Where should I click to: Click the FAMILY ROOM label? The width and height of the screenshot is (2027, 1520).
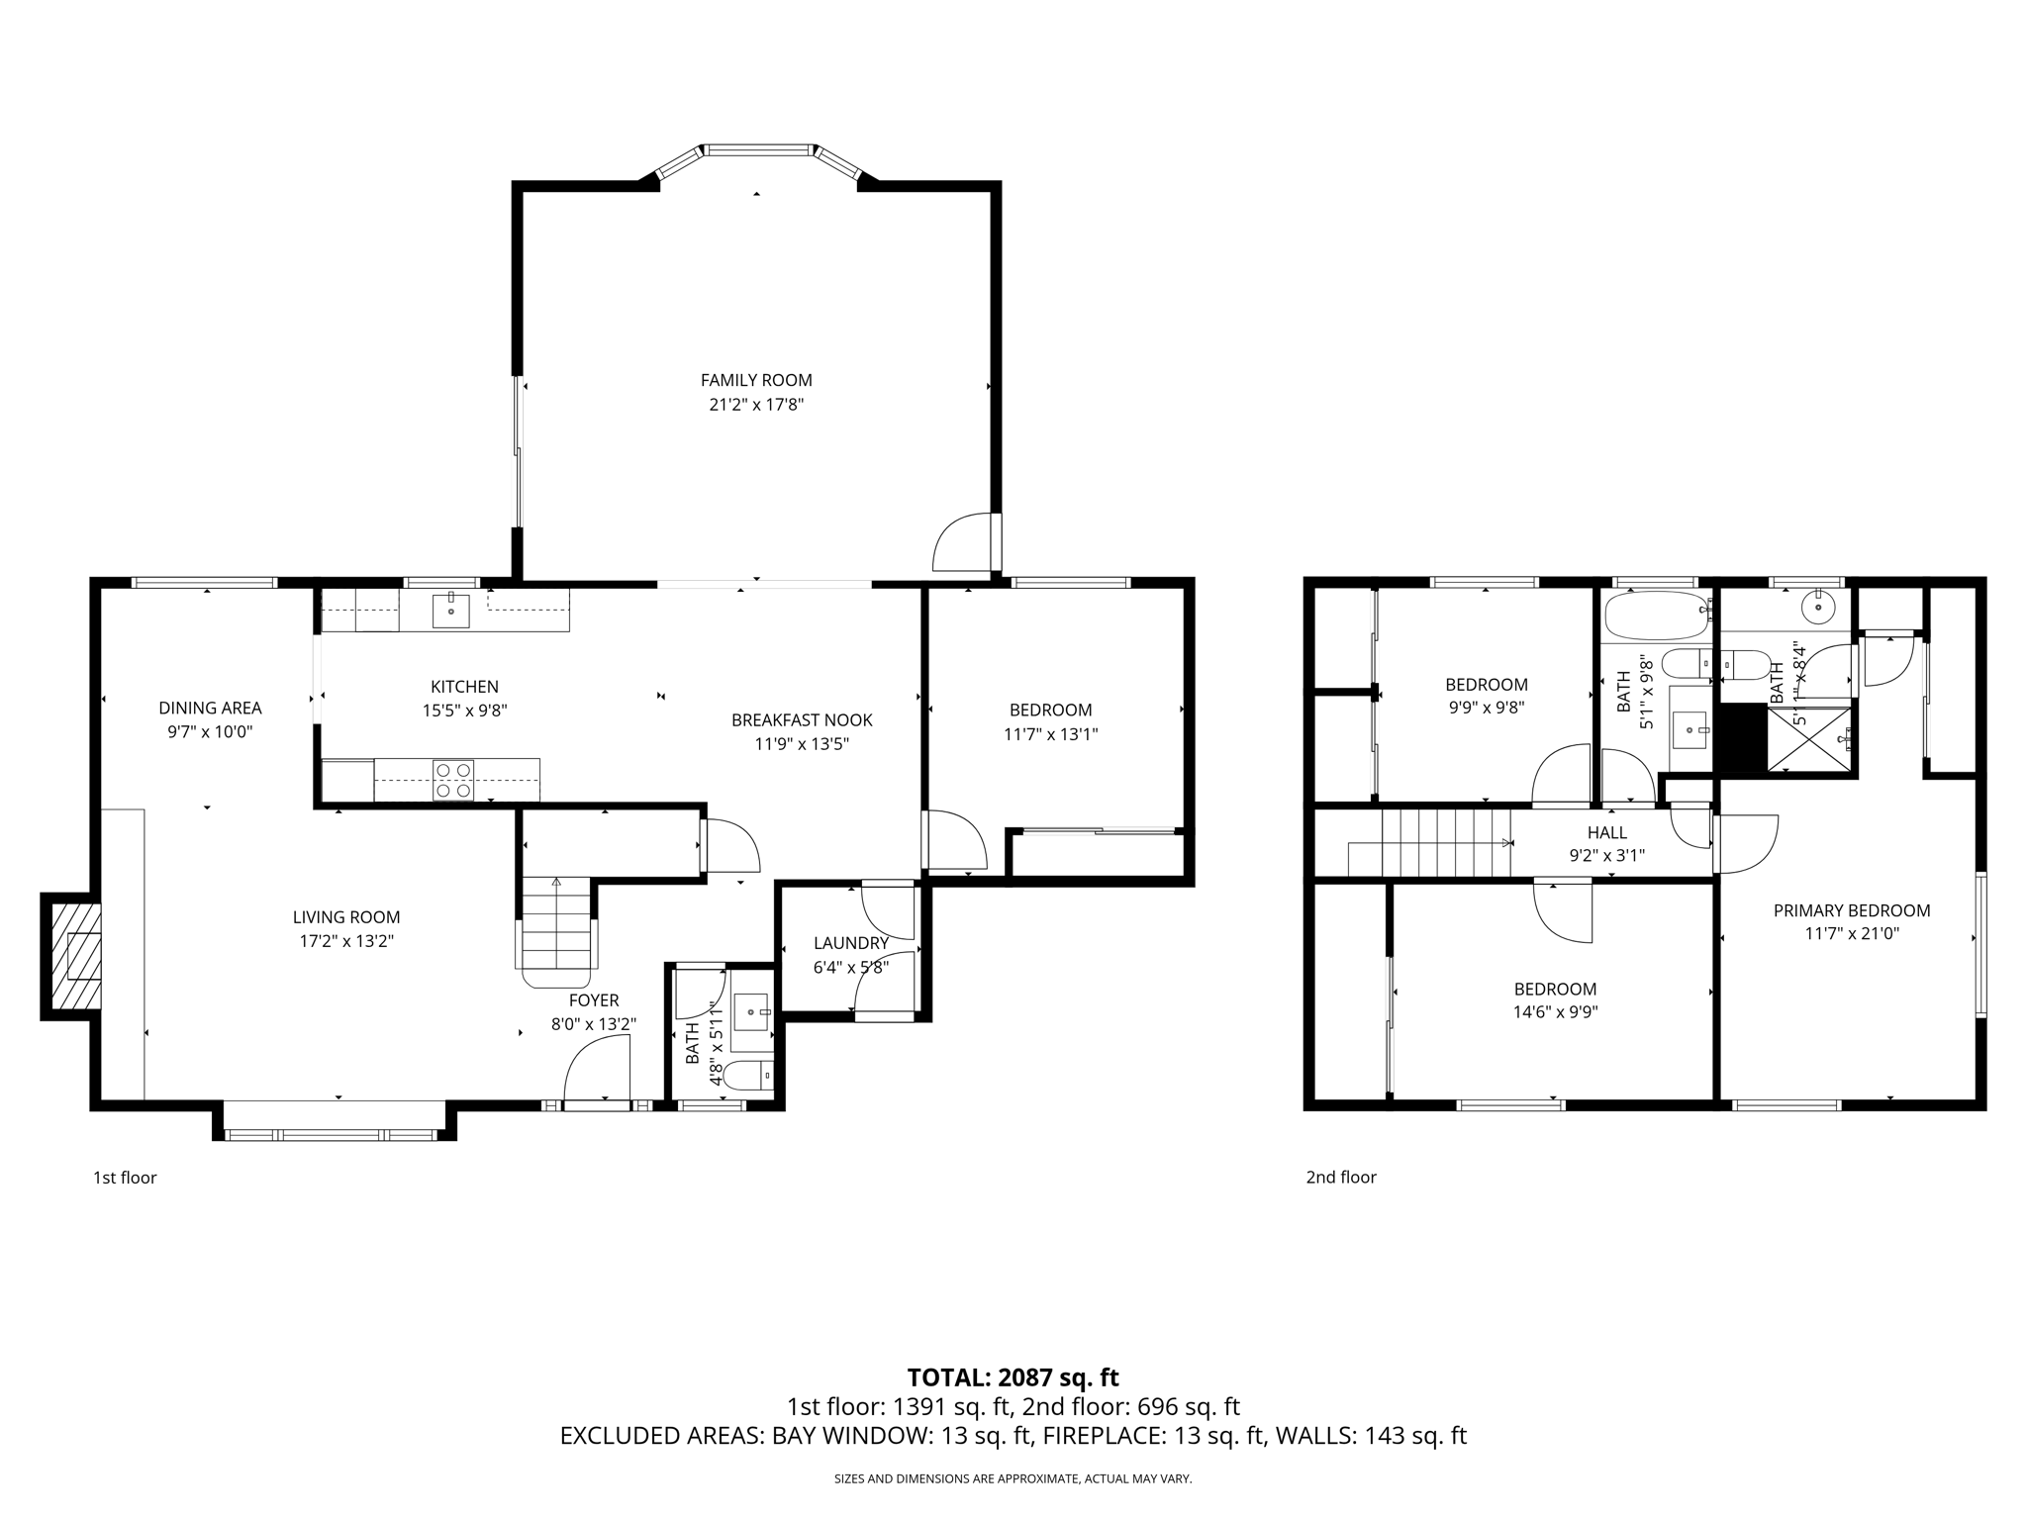coord(756,380)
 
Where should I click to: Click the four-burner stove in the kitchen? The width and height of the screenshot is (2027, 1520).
coord(453,780)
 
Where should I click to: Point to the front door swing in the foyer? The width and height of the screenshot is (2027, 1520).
coord(597,1071)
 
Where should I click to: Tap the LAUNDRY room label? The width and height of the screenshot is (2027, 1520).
coord(851,943)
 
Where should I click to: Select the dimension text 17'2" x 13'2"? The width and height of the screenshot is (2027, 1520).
coord(346,941)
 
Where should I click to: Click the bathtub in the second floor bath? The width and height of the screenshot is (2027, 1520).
coord(1657,615)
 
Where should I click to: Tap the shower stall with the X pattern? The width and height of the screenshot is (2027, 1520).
coord(1811,738)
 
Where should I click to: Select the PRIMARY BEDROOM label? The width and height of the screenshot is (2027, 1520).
coord(1851,910)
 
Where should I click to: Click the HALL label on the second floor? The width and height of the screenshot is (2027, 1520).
coord(1606,832)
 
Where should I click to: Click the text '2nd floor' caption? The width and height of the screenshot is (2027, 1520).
coord(1341,1177)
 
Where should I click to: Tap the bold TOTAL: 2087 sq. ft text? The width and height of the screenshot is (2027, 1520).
coord(1013,1377)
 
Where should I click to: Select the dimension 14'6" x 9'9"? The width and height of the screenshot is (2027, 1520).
coord(1555,1012)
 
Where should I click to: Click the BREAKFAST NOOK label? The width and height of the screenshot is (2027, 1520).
coord(802,720)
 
